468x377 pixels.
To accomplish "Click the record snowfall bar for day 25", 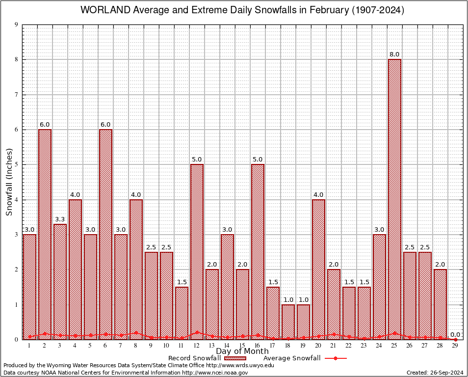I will (394, 196).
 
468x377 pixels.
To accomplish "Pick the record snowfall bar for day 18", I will (288, 322).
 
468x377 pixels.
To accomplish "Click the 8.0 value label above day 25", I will (394, 54).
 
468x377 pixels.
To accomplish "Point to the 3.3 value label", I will (60, 219).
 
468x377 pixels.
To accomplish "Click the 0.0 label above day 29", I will (455, 334).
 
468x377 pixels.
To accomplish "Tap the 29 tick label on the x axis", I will (455, 346).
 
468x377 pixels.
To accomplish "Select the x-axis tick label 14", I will (227, 346).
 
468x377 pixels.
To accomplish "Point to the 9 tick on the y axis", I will (16, 25).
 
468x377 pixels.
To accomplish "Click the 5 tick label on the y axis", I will (16, 164).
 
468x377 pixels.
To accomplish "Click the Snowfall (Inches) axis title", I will (9, 182).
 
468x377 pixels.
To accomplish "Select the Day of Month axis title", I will (242, 351).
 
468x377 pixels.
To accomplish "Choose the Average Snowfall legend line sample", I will (335, 358).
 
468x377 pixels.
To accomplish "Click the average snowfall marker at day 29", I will (455, 339).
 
